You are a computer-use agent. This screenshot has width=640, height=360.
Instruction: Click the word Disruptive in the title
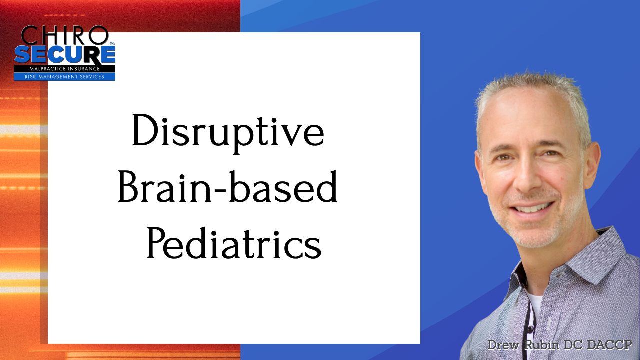click(228, 133)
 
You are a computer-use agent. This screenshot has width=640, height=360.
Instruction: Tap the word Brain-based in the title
click(228, 187)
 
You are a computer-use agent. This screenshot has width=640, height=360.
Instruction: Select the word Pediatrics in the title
click(234, 243)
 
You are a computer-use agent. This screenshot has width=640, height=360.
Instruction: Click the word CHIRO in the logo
click(65, 35)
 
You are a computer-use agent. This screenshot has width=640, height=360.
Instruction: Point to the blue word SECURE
click(65, 55)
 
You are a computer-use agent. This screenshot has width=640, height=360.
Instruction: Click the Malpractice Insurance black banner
click(65, 69)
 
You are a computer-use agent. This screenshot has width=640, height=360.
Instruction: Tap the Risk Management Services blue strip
click(65, 77)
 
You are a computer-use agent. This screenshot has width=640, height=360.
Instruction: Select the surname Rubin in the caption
click(542, 345)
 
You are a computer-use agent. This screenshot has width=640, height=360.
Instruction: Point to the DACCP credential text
click(609, 345)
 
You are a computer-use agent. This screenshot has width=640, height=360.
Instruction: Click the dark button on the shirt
click(530, 329)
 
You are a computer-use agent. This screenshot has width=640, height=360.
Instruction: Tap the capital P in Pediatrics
click(157, 243)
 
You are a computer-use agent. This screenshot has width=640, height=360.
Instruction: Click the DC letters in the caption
click(572, 345)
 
